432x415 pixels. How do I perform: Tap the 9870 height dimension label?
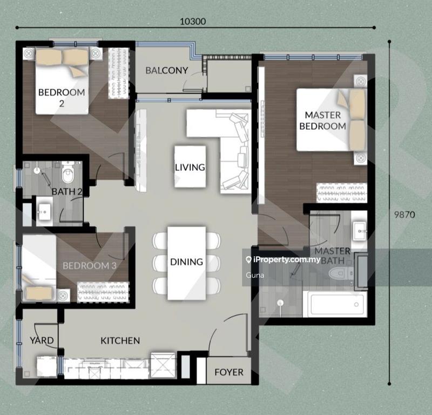tap(404, 214)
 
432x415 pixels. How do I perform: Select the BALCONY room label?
tap(166, 70)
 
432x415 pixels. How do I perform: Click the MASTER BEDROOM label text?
tap(322, 121)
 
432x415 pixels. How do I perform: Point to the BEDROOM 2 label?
tap(62, 97)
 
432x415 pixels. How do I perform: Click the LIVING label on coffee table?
tap(190, 167)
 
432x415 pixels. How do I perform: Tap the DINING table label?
tap(186, 262)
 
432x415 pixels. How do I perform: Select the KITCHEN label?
tap(120, 340)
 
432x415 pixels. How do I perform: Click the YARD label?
tap(41, 340)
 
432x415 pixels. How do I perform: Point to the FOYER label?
tap(228, 372)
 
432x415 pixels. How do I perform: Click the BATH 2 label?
tap(66, 191)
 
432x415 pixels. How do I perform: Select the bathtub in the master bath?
tap(336, 304)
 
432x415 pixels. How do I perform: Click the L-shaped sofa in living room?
tap(232, 146)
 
